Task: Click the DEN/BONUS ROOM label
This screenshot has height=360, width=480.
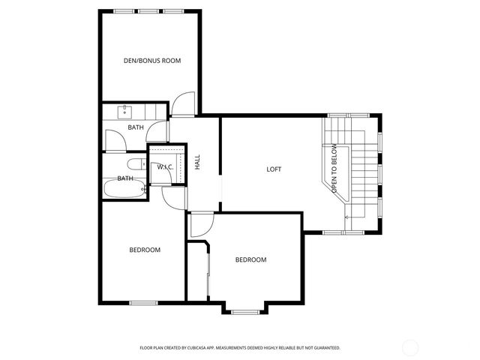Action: (152, 60)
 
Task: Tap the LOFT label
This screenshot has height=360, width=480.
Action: (274, 169)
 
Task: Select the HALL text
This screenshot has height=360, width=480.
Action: (198, 162)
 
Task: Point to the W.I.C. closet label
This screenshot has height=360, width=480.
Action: (165, 166)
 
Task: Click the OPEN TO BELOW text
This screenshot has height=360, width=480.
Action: (335, 170)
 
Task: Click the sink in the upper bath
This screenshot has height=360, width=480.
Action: (125, 112)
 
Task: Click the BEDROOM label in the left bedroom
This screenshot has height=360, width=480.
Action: (145, 250)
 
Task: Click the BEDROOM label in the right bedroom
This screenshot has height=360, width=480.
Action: (250, 260)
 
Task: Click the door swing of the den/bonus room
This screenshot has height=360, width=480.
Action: (183, 105)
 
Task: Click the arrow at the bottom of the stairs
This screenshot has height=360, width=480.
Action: (348, 217)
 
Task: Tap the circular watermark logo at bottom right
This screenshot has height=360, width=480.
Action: (412, 347)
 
